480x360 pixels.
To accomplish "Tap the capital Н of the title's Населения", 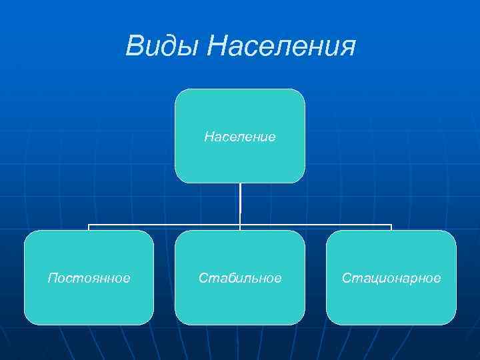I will tap(218, 47).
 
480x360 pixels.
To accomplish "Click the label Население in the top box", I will tap(240, 137).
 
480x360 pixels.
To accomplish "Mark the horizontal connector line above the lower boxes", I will tap(167, 225).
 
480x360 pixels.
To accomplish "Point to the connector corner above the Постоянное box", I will tap(89, 225).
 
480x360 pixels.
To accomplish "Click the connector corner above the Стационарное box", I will tap(391, 225).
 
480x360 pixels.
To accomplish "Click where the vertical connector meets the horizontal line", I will tap(240, 225).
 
